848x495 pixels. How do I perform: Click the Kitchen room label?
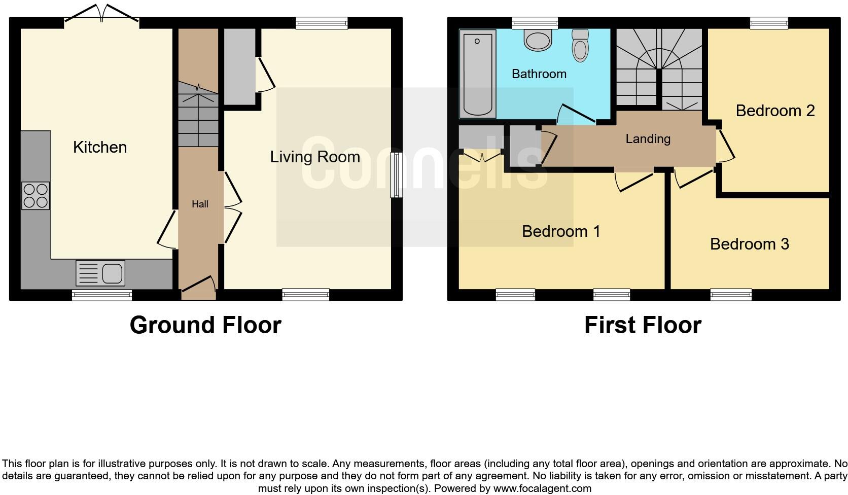coord(100,147)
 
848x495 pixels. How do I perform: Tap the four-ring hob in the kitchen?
coord(36,196)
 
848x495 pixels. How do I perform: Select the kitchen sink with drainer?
coord(100,273)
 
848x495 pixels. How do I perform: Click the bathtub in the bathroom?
coord(478,74)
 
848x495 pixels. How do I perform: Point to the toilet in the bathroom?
coord(580,46)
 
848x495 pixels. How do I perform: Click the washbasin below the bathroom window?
coord(538,40)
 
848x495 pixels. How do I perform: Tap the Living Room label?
coord(315,157)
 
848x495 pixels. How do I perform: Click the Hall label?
coord(200,204)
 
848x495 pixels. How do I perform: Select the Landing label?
coord(648,139)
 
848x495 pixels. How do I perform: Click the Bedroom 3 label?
coord(749,244)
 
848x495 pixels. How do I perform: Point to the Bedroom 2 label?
coord(775,111)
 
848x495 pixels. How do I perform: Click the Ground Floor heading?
coord(205,325)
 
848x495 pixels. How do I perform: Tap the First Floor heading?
coord(643,325)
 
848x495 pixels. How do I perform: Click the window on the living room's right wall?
coord(396,175)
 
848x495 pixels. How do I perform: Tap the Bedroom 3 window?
coord(731,295)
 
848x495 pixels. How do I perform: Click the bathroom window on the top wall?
coord(535,23)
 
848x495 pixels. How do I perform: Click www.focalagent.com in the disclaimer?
coord(542,489)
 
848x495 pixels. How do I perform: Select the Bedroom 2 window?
coord(769,23)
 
